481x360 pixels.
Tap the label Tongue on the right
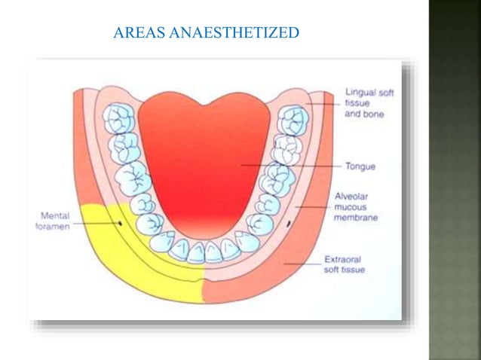[x=360, y=165]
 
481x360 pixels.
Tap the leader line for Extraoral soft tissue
[x=302, y=264]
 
